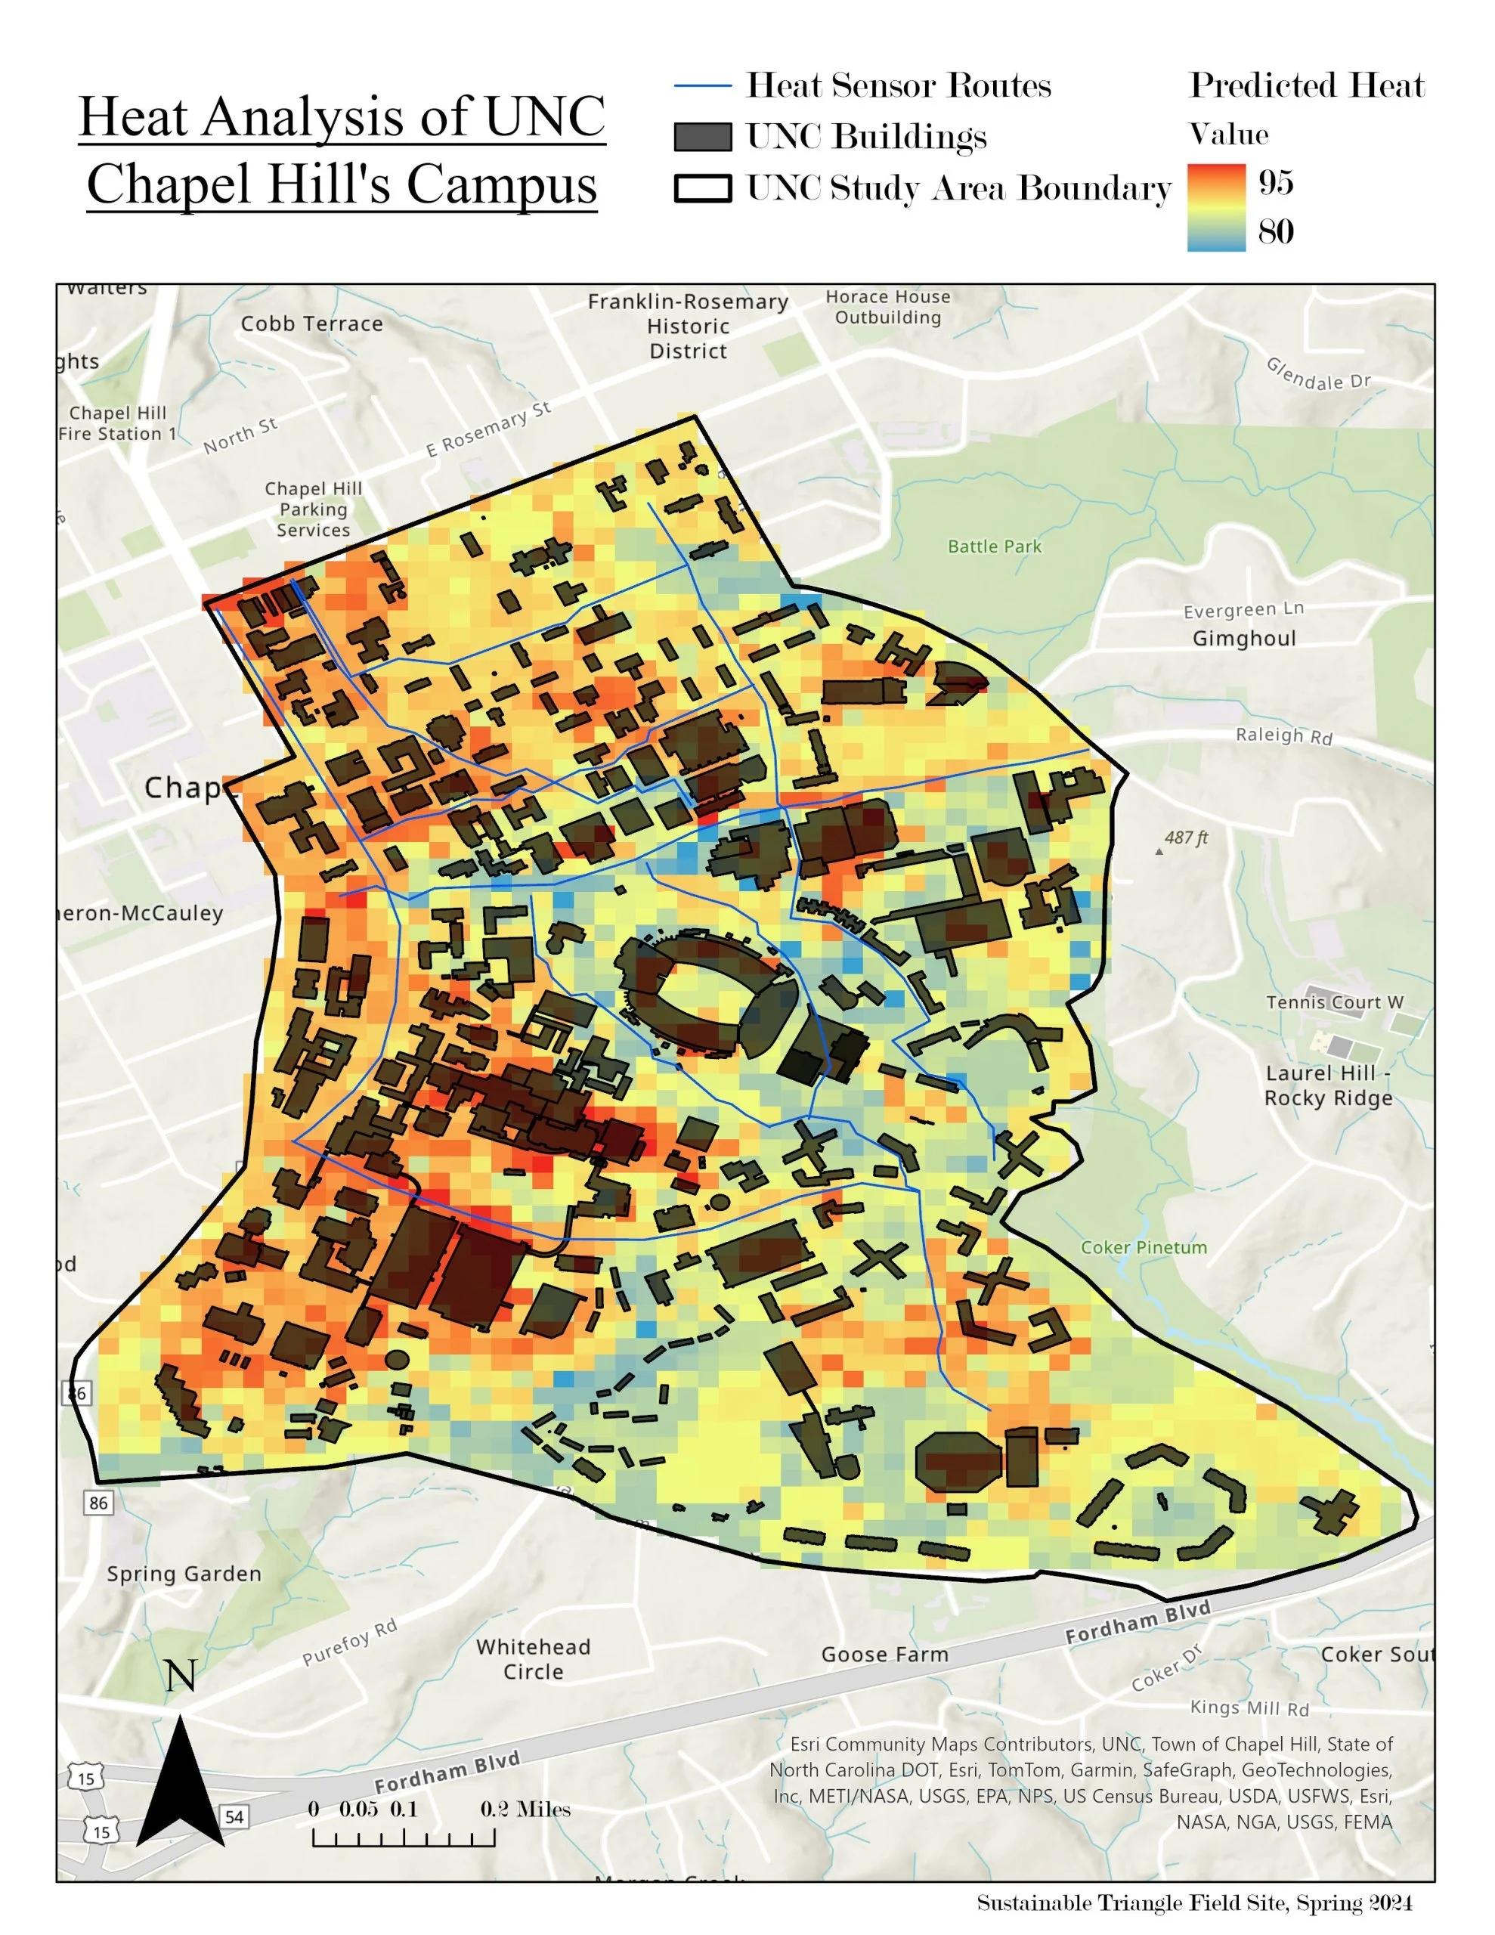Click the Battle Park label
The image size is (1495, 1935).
point(995,546)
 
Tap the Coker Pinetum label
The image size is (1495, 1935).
point(1144,1247)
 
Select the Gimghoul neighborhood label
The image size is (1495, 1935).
point(1243,638)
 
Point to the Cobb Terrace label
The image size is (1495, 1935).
point(312,324)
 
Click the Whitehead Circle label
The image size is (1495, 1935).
point(533,1658)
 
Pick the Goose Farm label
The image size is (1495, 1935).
point(884,1654)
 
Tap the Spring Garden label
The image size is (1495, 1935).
point(184,1574)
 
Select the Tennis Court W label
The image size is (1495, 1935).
point(1334,1002)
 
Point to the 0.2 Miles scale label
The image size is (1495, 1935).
point(525,1810)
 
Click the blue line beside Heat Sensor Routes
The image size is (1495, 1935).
point(702,86)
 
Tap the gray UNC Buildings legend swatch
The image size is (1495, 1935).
point(703,138)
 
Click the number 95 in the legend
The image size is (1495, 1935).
point(1275,182)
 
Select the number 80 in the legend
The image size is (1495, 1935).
point(1275,232)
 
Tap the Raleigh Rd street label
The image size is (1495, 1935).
point(1283,735)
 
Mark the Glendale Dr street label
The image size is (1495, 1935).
point(1318,374)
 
